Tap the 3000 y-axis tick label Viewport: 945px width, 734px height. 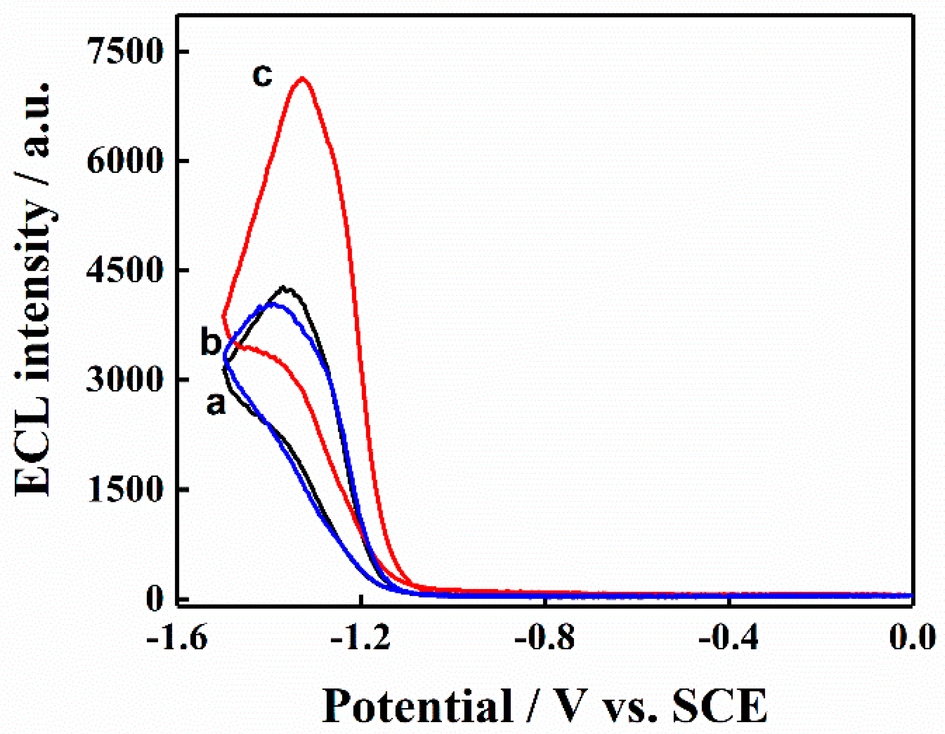(x=125, y=380)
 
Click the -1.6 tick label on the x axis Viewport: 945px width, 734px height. (x=177, y=638)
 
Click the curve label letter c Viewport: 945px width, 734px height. (x=263, y=76)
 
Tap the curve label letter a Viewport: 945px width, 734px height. (x=216, y=404)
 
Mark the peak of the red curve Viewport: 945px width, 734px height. (x=302, y=78)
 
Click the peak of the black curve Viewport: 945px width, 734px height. (x=283, y=287)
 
